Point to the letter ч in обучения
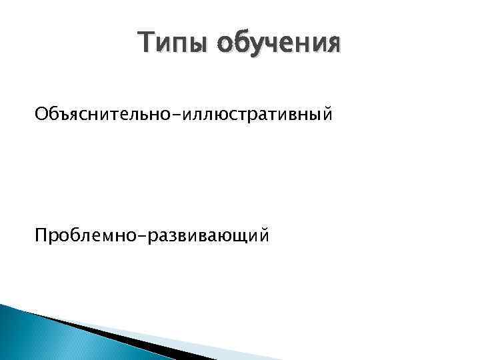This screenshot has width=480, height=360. click(x=278, y=46)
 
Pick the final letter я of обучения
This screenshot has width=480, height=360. click(x=331, y=46)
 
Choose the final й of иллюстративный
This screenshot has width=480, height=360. click(x=325, y=115)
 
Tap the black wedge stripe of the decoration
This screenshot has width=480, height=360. click(x=100, y=333)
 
